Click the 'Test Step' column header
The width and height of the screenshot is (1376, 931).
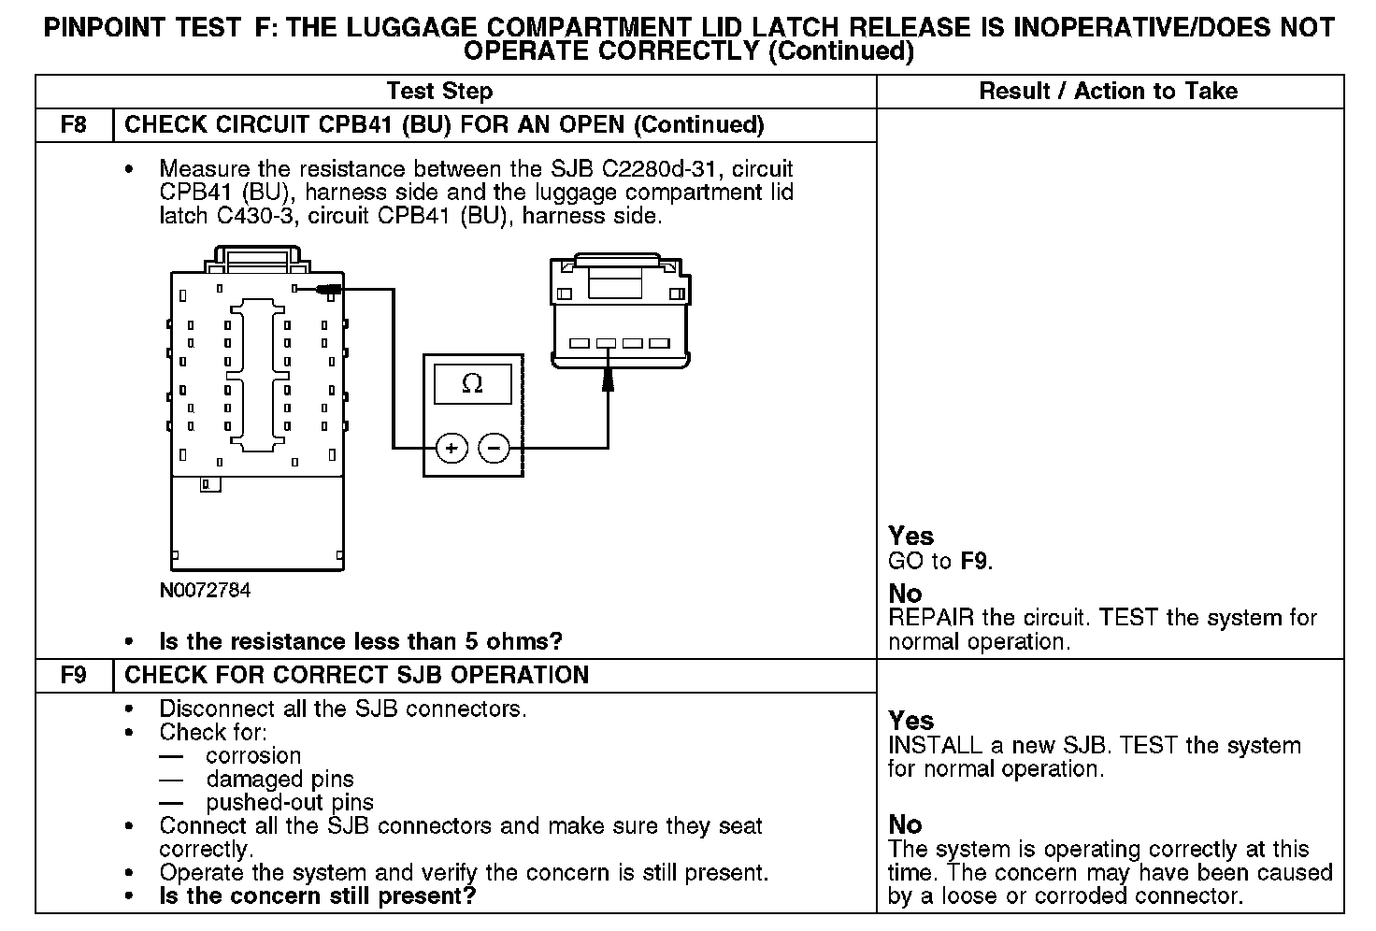(x=439, y=92)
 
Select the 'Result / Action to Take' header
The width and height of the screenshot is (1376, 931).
(x=1108, y=92)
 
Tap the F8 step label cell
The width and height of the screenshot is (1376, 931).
(x=74, y=125)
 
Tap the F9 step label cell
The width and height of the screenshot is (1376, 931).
(x=74, y=675)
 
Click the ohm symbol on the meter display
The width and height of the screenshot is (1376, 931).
(x=473, y=384)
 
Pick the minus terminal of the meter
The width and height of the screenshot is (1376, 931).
(x=494, y=449)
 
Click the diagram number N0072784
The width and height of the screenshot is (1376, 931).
(x=205, y=591)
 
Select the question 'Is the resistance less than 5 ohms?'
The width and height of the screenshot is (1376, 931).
(x=361, y=642)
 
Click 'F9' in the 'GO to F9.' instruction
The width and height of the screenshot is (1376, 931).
(x=975, y=562)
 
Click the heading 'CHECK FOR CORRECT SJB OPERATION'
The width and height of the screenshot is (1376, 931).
(x=356, y=675)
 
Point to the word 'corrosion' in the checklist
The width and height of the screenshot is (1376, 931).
(x=253, y=756)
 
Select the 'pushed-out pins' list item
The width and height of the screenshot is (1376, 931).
(x=290, y=803)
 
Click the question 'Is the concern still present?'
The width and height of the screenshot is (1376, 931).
(x=318, y=896)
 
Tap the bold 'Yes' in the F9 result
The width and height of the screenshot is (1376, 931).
(x=910, y=721)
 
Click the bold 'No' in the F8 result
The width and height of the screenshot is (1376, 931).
(x=905, y=594)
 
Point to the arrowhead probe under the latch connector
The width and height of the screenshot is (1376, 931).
(x=608, y=380)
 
